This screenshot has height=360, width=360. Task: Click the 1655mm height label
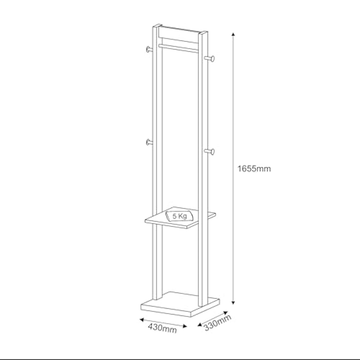tap(254, 169)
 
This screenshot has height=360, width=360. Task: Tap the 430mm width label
tap(162, 328)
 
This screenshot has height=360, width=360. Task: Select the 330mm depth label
tap(217, 323)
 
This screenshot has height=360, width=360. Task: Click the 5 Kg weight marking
tap(180, 216)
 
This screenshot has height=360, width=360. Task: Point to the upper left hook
tap(149, 49)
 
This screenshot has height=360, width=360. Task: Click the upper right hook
tap(210, 58)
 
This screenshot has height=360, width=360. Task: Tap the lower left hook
tap(149, 142)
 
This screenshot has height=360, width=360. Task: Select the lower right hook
tap(210, 152)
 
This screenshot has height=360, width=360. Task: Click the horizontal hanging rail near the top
tap(178, 49)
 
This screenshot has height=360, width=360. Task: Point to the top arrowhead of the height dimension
tap(233, 35)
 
